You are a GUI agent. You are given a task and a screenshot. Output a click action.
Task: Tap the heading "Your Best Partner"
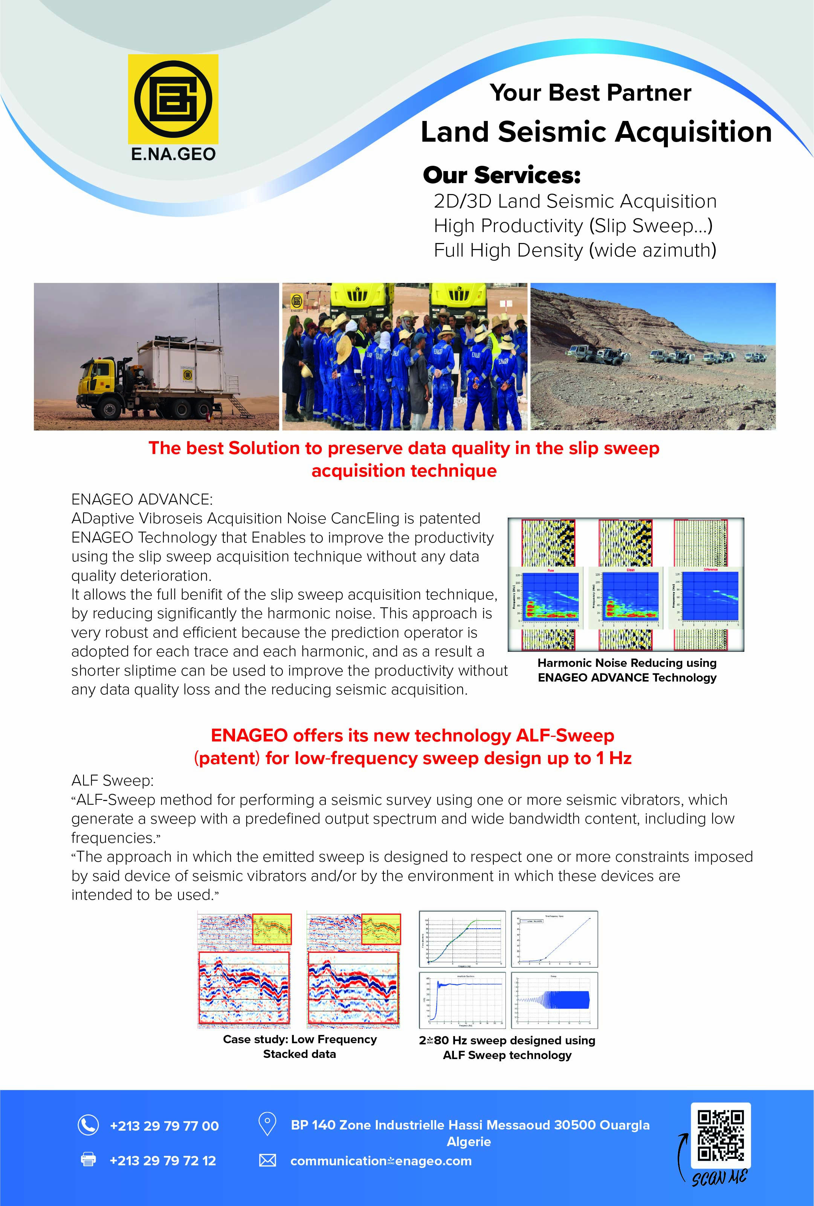[x=590, y=93]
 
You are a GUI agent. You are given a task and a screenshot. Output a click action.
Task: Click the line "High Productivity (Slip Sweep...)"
[x=573, y=226]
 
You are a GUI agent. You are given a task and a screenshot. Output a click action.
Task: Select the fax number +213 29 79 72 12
[x=162, y=1161]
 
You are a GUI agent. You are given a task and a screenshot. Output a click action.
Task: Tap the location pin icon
[x=267, y=1124]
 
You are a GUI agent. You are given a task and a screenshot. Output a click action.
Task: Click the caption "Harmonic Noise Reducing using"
[x=627, y=663]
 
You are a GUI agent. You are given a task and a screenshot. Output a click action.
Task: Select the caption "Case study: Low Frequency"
[x=299, y=1039]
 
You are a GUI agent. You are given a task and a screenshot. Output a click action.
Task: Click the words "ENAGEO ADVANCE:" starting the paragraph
[x=142, y=499]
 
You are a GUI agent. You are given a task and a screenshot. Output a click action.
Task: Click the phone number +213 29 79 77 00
[x=164, y=1126]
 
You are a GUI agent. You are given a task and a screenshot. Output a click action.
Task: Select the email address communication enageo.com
[x=381, y=1161]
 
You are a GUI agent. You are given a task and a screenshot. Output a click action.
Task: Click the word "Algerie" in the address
[x=469, y=1142]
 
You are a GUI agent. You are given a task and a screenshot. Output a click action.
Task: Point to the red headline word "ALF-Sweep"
[x=565, y=735]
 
